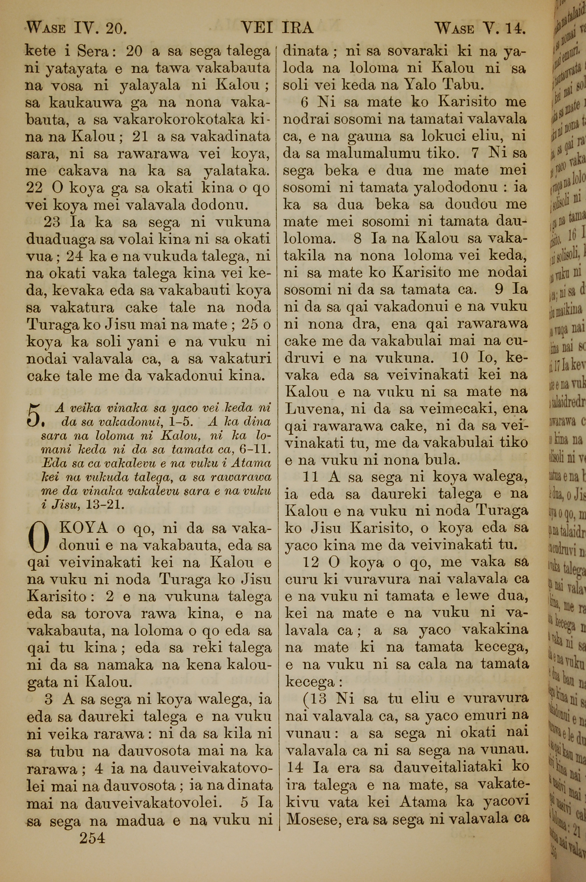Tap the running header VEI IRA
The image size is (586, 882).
tap(277, 28)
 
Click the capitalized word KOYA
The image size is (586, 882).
tap(83, 528)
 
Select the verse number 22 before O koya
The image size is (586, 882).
tap(35, 188)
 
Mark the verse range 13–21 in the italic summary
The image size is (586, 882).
tap(105, 505)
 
